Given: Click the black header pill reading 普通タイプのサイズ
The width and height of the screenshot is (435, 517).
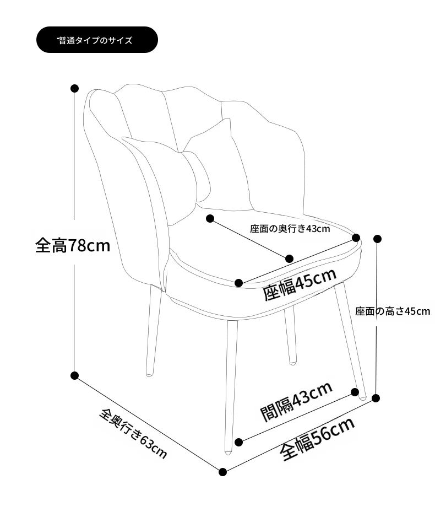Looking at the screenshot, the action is [x=97, y=40].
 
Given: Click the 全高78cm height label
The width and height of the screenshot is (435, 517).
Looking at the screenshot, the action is [x=73, y=245].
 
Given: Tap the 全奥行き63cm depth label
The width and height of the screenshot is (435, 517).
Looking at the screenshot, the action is [x=133, y=433].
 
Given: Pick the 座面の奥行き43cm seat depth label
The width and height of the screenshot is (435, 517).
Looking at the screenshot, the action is [x=290, y=229].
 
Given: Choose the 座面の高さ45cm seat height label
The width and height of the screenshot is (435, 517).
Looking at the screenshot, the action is [x=393, y=311].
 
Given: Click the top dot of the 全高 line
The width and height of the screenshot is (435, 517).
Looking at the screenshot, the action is [x=74, y=88].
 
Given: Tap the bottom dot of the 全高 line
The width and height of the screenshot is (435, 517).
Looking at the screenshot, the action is [x=74, y=375].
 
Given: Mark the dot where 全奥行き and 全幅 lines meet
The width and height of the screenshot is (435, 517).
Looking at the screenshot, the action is [x=222, y=472].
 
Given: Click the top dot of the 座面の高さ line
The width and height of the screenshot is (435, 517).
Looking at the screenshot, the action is [x=377, y=239].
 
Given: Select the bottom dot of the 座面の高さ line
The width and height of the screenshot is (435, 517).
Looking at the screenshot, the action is [x=376, y=398].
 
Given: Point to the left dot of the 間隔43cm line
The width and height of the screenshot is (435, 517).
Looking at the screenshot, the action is [x=239, y=442].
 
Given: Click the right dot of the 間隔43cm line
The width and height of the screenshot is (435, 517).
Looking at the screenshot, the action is [x=355, y=392].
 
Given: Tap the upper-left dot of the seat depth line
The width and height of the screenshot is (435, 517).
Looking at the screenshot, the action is [x=210, y=218].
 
